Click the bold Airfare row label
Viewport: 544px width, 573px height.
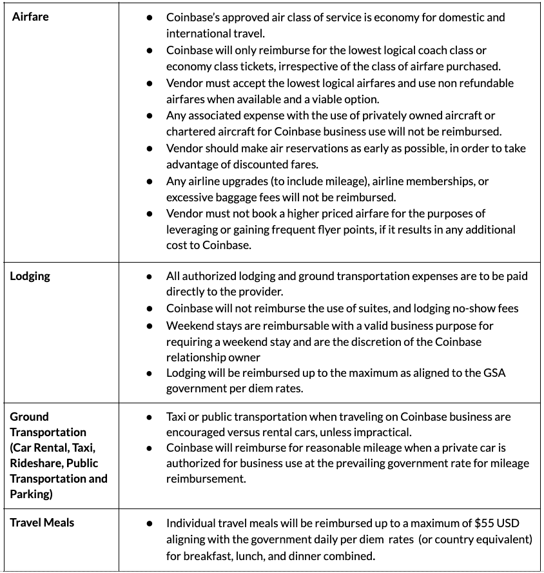point(30,16)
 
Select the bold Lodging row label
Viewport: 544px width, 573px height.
point(30,276)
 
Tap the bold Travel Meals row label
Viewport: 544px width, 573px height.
point(42,523)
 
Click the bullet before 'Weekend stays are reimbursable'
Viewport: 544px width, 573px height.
point(150,325)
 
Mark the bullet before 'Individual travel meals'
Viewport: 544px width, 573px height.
point(150,523)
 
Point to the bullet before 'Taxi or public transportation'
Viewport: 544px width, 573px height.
point(150,417)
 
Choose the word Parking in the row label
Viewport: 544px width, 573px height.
point(32,494)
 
